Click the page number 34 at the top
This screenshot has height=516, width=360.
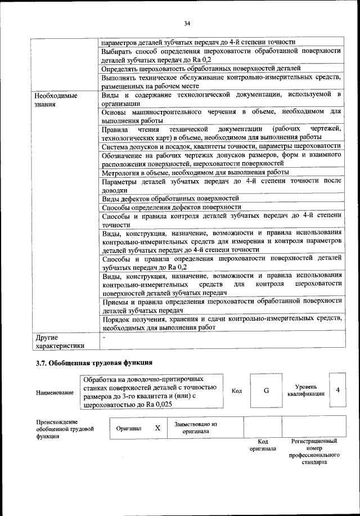tap(187, 23)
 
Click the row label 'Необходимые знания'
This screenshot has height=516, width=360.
tap(57, 100)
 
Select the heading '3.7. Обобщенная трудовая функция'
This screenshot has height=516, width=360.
tap(94, 363)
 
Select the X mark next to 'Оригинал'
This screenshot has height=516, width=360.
tap(157, 428)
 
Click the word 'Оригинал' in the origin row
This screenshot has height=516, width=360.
tap(128, 428)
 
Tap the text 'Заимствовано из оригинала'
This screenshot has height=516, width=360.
tap(195, 428)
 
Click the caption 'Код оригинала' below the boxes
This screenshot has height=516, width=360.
tap(263, 445)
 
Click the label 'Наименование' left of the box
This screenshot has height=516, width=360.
tap(55, 392)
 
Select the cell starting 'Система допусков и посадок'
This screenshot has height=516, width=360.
tap(222, 146)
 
